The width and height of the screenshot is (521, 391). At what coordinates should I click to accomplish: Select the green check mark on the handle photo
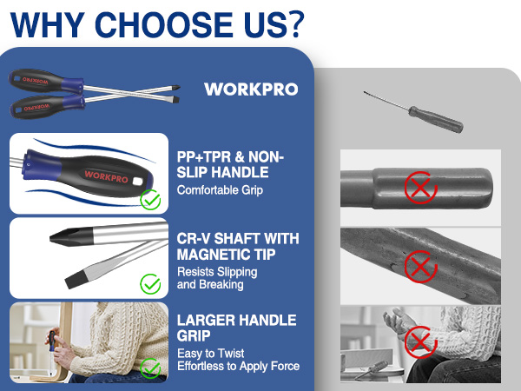151,201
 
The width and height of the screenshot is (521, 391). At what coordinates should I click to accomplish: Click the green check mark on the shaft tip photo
151,284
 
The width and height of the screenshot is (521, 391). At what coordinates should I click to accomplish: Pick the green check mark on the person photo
151,367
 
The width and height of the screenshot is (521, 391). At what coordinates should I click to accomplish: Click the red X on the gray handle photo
420,185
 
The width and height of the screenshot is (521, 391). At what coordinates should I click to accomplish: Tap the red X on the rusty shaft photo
420,267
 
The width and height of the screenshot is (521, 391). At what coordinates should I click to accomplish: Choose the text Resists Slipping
217,272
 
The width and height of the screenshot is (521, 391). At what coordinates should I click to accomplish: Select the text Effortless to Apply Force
239,366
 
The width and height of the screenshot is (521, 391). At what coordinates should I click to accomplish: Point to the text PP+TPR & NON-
230,156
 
